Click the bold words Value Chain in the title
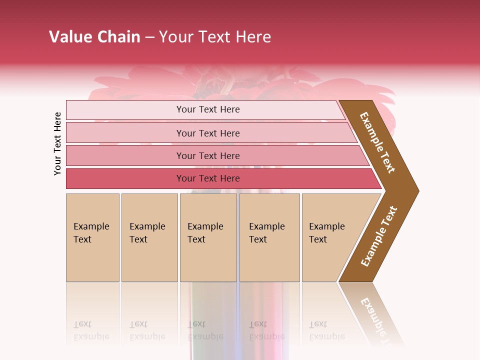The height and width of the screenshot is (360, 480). click(94, 37)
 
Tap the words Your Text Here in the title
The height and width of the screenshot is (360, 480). click(215, 37)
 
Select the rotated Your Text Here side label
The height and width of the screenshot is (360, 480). click(58, 143)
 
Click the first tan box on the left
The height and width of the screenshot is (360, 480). click(92, 260)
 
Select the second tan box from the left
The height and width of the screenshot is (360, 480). click(149, 260)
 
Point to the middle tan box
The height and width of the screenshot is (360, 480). click(208, 260)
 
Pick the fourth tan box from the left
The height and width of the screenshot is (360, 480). click(269, 260)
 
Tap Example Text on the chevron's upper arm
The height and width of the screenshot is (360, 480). click(377, 142)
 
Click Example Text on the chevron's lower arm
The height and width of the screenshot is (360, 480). click(378, 236)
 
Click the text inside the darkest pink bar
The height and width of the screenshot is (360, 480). click(208, 178)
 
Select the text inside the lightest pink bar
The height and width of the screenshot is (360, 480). click(208, 109)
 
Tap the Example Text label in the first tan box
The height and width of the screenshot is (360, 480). click(91, 233)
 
